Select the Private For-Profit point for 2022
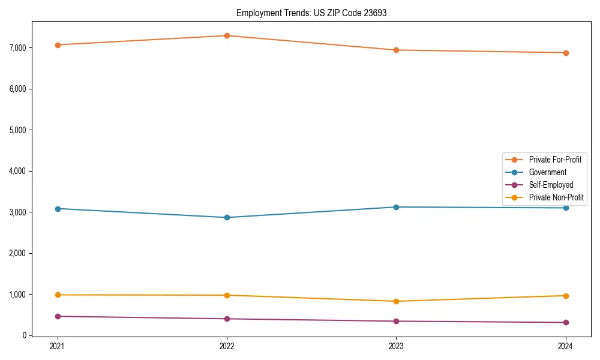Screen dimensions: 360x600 [x=227, y=35]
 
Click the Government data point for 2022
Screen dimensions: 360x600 [x=227, y=217]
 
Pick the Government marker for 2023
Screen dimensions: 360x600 [x=396, y=207]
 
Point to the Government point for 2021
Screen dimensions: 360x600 [x=58, y=209]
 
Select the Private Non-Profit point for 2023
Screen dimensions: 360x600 [x=396, y=301]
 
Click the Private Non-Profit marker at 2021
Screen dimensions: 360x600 [x=58, y=295]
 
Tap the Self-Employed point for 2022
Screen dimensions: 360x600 [x=227, y=319]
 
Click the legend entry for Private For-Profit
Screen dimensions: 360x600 [x=554, y=160]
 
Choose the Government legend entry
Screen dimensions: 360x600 [x=547, y=172]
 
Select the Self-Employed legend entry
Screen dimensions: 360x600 [x=551, y=185]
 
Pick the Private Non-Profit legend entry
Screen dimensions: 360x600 [x=556, y=197]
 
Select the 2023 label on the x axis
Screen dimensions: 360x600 [x=396, y=346]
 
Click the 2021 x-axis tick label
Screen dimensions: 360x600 [x=58, y=346]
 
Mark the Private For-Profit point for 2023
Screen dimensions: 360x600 [x=396, y=50]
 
